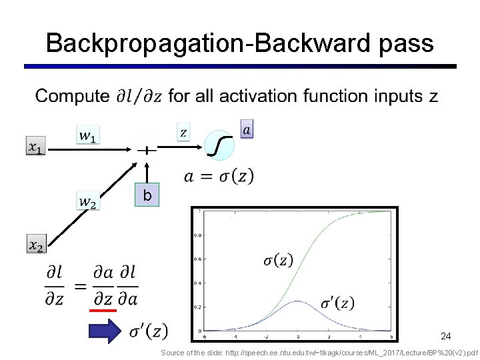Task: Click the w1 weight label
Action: pos(87,135)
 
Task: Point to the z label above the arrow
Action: pos(183,131)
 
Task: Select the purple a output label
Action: pos(247,129)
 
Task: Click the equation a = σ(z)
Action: pos(219,177)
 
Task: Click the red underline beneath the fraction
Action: pos(103,310)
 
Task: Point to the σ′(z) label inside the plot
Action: pos(337,303)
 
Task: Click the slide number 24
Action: pos(445,337)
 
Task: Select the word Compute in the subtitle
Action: pos(72,97)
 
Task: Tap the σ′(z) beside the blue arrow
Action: pos(148,330)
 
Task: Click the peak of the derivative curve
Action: pos(298,301)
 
